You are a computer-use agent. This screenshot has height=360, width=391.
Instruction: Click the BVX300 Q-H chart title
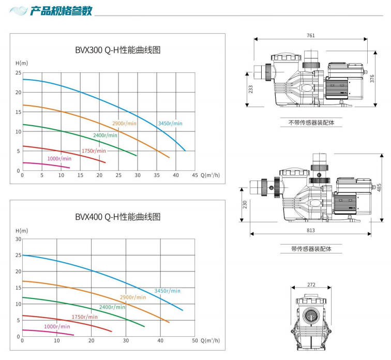pos(118,50)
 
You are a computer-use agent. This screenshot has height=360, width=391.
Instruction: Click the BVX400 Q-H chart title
pos(118,217)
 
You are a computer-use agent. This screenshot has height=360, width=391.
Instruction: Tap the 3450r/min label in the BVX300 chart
pos(170,124)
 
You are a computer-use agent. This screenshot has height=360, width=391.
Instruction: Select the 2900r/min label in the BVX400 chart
pos(133,297)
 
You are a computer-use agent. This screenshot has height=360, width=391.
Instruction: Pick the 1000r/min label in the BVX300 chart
pos(59,159)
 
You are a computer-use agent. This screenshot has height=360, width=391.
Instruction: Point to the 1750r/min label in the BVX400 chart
pos(85,317)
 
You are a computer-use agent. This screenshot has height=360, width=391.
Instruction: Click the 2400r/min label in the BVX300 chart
pos(105,136)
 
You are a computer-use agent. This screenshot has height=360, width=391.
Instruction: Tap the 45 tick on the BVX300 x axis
pos(195,175)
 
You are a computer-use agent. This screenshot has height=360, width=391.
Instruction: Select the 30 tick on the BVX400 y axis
pos(19,239)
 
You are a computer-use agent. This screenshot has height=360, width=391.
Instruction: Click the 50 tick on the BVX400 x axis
pos(195,340)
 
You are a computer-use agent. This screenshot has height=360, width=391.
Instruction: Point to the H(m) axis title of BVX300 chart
pos(22,63)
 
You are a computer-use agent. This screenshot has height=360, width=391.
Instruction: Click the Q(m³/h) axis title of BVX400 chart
pos(210,340)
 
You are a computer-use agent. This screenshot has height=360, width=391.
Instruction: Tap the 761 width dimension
pos(311,36)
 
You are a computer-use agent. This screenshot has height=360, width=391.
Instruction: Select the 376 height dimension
pos(372,79)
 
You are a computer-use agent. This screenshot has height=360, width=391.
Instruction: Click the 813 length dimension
pos(311,230)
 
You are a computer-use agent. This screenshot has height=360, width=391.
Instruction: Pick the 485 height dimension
pos(379,187)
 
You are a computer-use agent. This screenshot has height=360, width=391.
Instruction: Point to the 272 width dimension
pos(311,284)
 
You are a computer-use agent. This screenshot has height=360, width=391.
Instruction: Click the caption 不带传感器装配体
pos(311,123)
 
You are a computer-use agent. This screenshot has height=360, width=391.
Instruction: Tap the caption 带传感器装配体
pos(311,249)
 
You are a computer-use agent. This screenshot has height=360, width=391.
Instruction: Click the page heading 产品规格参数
pos(61,11)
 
